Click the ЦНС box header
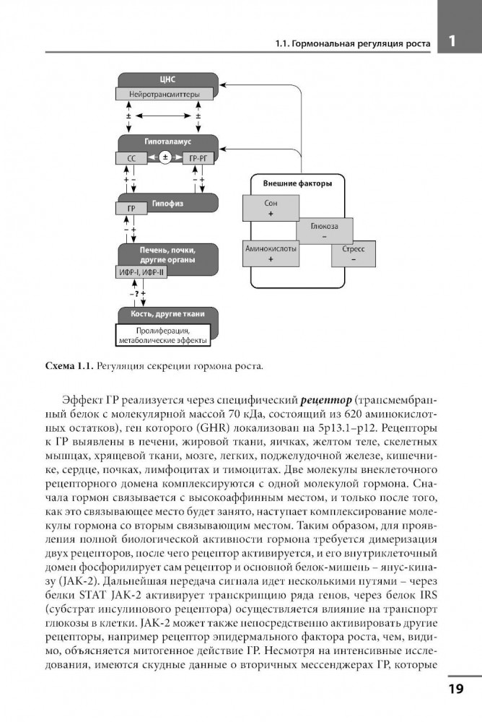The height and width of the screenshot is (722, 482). pos(167,79)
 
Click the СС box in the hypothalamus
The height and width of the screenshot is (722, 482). pos(131,157)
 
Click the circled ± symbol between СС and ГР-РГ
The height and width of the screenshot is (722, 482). pos(165,157)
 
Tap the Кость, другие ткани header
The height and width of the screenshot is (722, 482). pos(167,314)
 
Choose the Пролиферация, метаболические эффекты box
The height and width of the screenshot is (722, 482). pos(162,334)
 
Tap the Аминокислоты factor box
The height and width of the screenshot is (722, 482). pos(271,253)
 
